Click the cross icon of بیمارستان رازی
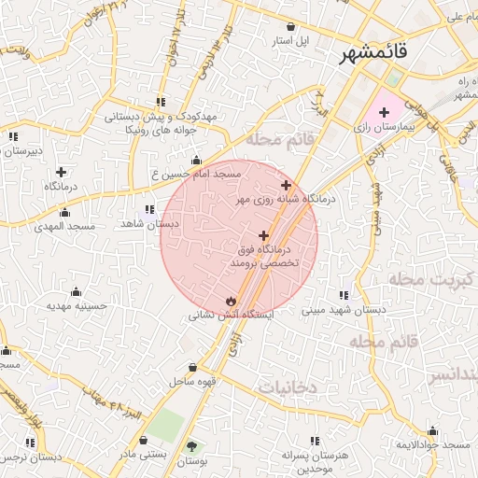coord(384,111)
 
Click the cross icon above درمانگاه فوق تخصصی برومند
coord(264,236)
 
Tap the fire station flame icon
coord(229,301)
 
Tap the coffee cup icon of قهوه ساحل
coord(192,368)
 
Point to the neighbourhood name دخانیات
coord(288,387)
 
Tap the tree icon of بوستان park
coord(192,447)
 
